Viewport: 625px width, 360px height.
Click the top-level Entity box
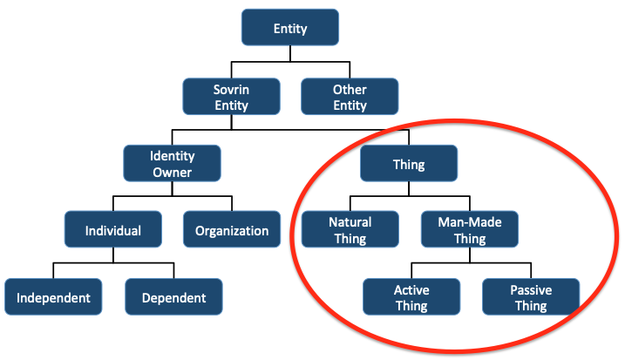[x=290, y=29]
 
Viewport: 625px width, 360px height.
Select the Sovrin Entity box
[x=231, y=98]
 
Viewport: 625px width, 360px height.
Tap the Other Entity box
[x=350, y=98]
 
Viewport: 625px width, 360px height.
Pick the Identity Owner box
[x=172, y=164]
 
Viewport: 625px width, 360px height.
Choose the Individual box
[x=112, y=231]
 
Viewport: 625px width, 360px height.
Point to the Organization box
[x=232, y=231]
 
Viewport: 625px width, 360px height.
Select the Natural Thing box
[x=350, y=230]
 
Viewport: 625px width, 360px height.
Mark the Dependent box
[x=173, y=297]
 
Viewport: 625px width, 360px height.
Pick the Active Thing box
[x=411, y=297]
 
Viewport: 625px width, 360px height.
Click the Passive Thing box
[x=530, y=297]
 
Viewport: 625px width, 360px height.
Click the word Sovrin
[x=231, y=90]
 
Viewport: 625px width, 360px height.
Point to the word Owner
[x=172, y=172]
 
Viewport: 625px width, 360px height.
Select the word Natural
[x=350, y=222]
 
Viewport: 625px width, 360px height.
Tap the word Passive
[x=530, y=289]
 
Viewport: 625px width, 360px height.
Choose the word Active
[x=411, y=289]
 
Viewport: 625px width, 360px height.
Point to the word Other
[x=350, y=90]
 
